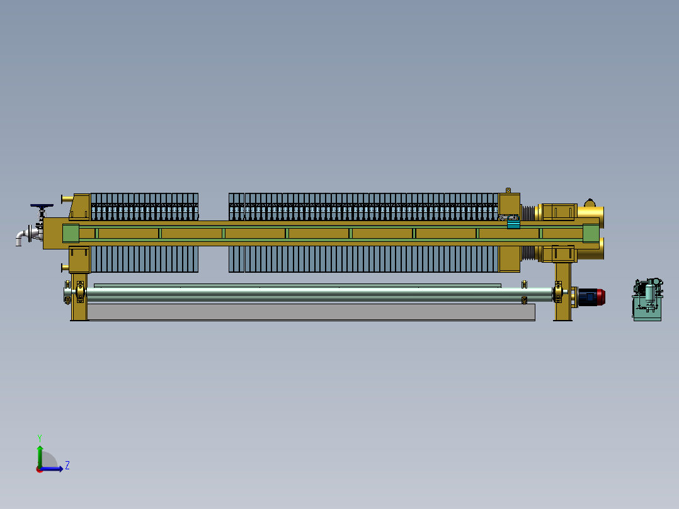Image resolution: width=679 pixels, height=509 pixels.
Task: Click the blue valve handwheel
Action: click(42, 206)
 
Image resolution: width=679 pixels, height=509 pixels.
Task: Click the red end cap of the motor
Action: click(601, 297)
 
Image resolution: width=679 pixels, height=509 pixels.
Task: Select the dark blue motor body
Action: click(588, 297)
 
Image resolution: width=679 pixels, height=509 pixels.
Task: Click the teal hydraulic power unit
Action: click(648, 299)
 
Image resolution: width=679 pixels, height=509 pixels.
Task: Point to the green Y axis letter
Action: click(40, 438)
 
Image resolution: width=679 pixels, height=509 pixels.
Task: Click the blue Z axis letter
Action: click(67, 466)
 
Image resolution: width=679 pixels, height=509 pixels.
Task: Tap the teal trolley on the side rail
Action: click(513, 224)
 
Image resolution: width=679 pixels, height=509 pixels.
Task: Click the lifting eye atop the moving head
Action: click(508, 190)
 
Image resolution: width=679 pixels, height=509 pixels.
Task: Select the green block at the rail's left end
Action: click(71, 234)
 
